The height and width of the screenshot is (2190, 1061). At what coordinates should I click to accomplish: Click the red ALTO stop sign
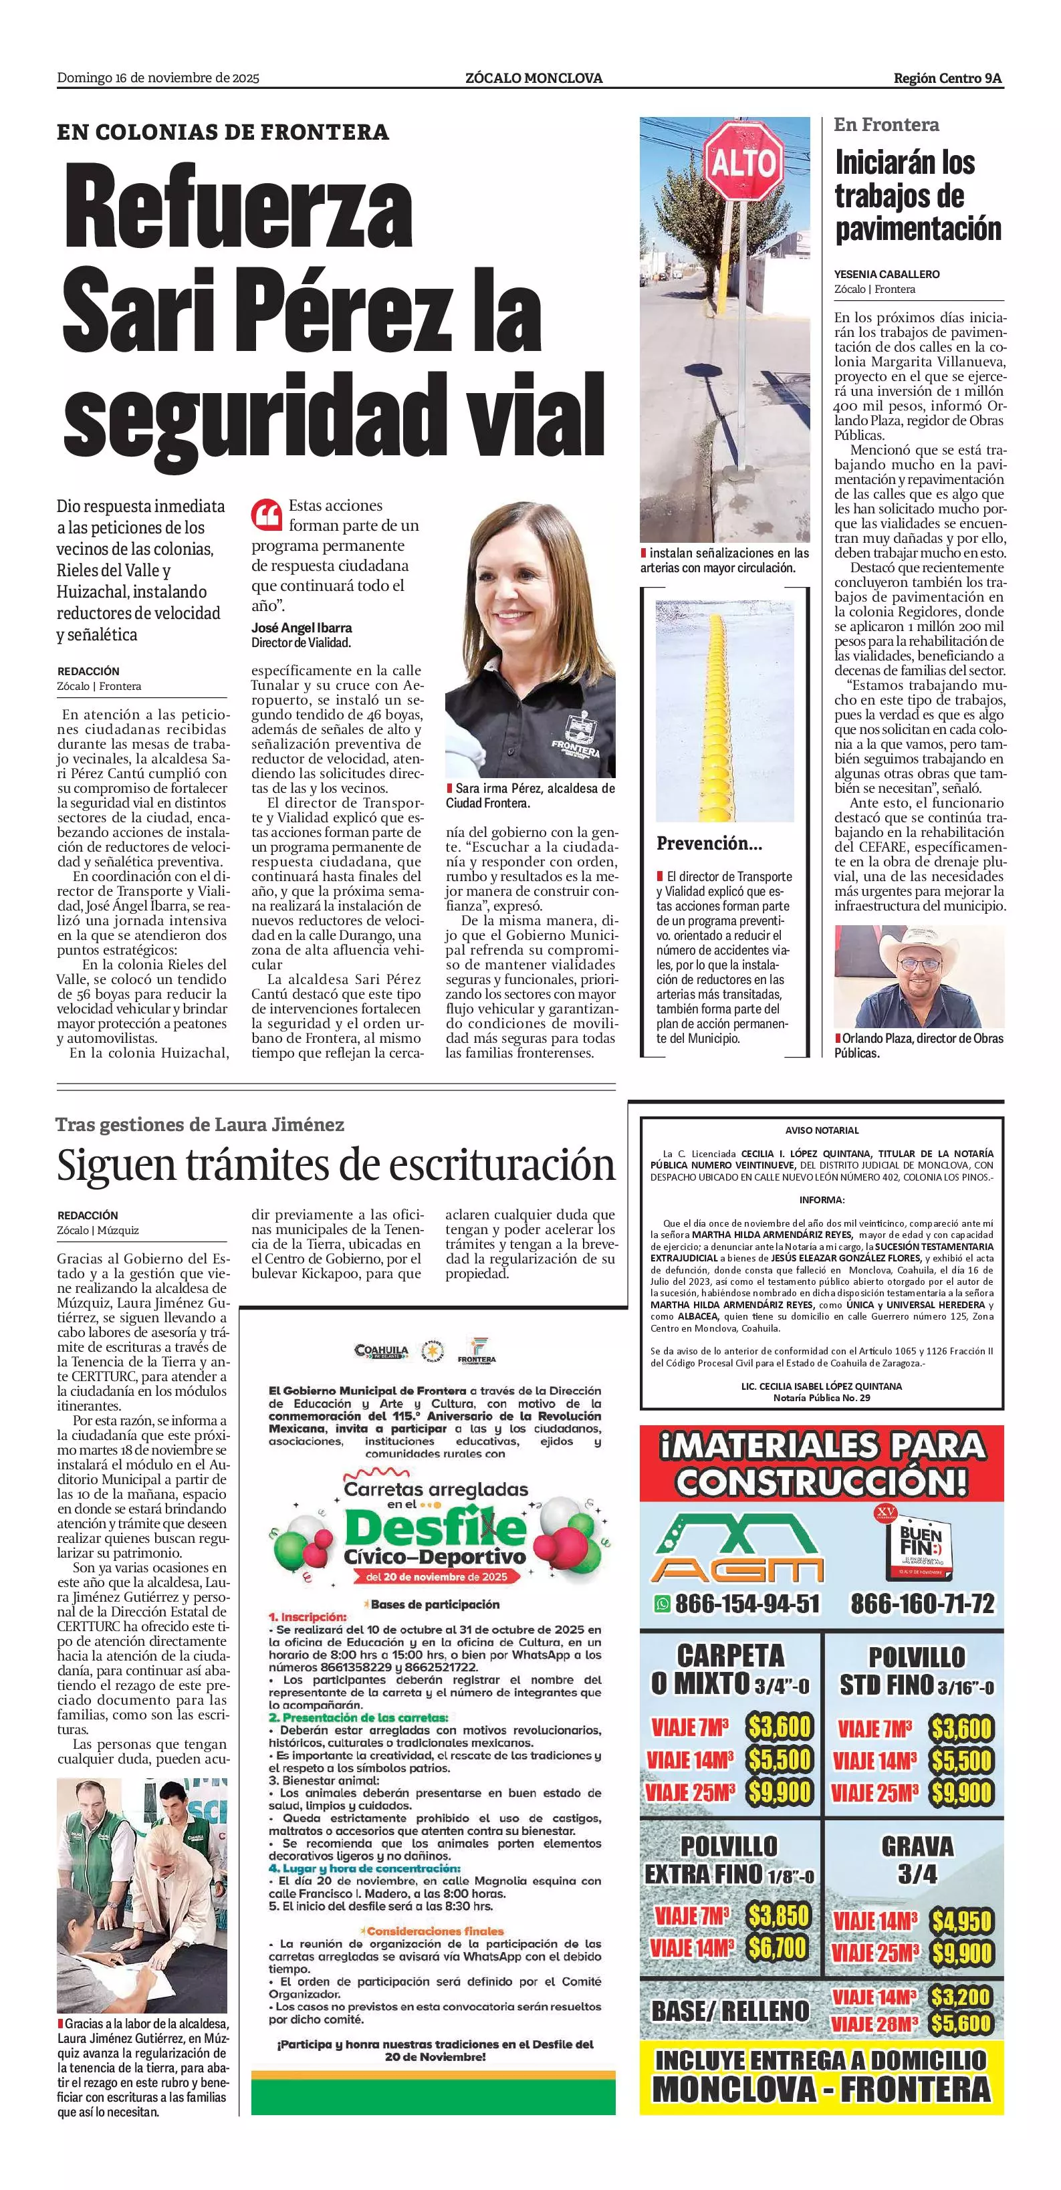pyautogui.click(x=743, y=160)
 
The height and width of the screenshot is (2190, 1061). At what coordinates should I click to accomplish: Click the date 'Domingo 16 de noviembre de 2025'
pyautogui.click(x=158, y=78)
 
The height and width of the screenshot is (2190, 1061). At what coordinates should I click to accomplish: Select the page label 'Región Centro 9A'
pyautogui.click(x=947, y=78)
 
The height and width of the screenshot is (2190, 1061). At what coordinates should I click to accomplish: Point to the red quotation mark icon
pyautogui.click(x=266, y=513)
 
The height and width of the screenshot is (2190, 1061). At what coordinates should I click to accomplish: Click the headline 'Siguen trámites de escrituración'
pyautogui.click(x=336, y=1165)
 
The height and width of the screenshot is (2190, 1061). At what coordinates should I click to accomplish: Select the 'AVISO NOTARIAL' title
pyautogui.click(x=821, y=1130)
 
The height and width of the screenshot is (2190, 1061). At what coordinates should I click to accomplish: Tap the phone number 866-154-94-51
pyautogui.click(x=737, y=1603)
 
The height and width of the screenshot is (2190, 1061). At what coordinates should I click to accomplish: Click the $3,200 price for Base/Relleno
pyautogui.click(x=961, y=1996)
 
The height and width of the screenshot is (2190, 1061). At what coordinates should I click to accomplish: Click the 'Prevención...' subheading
pyautogui.click(x=709, y=844)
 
